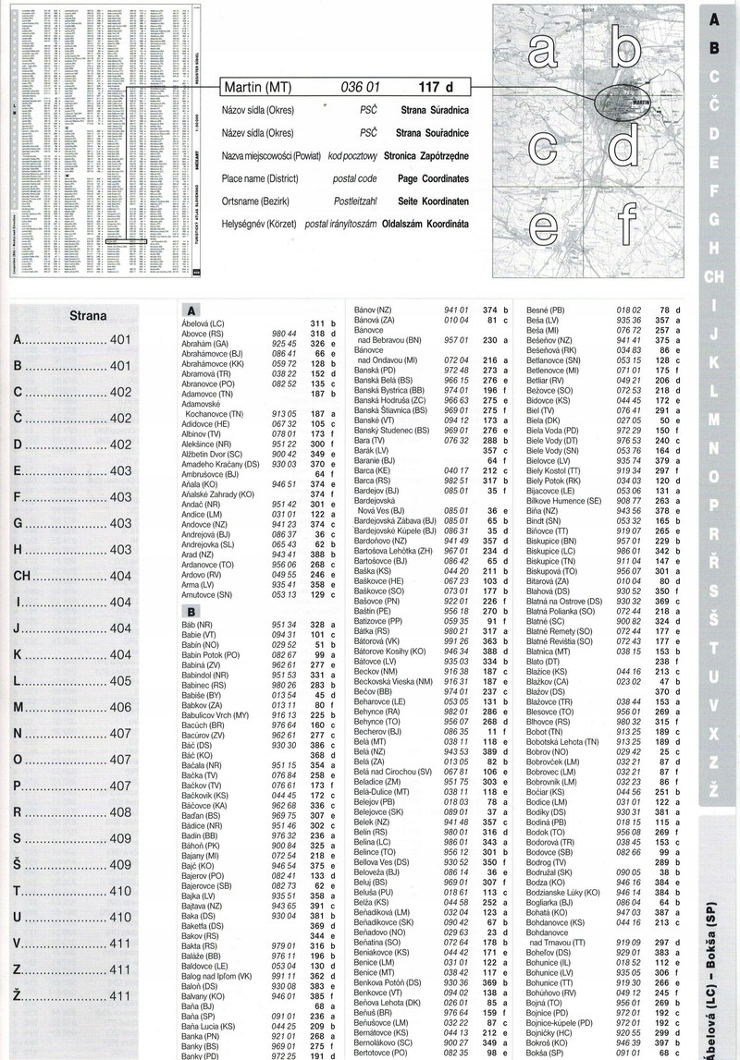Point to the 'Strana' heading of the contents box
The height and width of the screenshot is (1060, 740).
click(88, 315)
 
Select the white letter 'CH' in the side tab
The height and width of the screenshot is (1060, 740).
click(715, 275)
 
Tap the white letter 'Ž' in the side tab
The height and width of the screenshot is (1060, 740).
click(715, 786)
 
